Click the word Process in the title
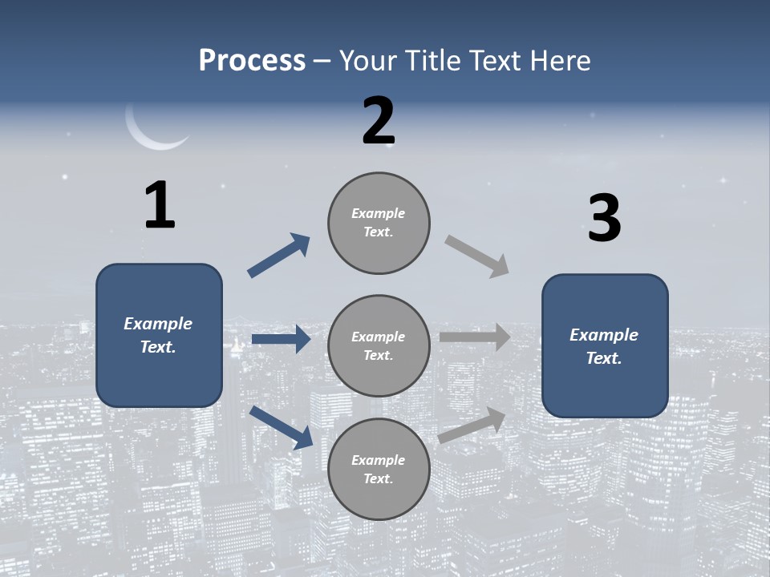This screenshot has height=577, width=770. [x=252, y=61]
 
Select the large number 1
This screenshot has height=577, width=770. [x=160, y=206]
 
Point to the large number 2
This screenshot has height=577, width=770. [x=379, y=121]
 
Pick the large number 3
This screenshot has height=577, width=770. [x=604, y=219]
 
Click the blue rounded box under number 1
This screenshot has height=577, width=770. [x=159, y=335]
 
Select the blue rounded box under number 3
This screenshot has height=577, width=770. [x=605, y=345]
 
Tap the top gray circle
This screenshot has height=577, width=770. [x=379, y=223]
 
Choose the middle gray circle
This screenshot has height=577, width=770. [x=379, y=345]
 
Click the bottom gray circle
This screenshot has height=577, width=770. [x=379, y=469]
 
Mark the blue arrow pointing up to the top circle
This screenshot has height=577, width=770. [x=279, y=256]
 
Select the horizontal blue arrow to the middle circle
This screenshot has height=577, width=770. [x=281, y=340]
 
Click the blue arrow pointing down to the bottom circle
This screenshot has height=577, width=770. [x=281, y=426]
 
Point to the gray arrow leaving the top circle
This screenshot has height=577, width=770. [x=477, y=256]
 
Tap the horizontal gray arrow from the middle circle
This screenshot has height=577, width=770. [x=475, y=337]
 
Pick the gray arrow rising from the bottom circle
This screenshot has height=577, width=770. [x=472, y=425]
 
